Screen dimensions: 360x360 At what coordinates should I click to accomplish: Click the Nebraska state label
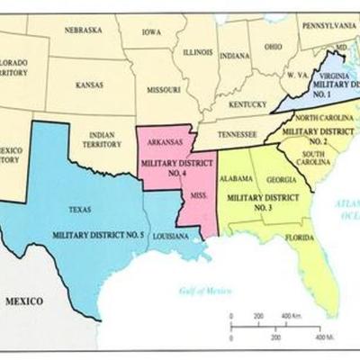(x=83, y=30)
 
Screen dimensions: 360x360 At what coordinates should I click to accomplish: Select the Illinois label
(x=197, y=51)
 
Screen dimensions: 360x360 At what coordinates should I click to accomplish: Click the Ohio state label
(x=274, y=48)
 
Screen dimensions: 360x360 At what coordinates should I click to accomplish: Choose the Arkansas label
(x=164, y=142)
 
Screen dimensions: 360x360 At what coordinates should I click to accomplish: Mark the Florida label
(x=300, y=238)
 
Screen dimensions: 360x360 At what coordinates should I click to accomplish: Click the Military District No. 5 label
(x=99, y=234)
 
